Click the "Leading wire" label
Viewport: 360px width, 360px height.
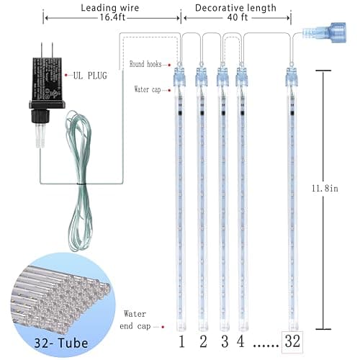(109, 8)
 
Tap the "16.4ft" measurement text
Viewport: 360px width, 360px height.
(109, 21)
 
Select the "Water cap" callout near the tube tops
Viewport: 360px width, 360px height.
(150, 90)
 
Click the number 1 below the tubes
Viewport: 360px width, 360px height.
(181, 341)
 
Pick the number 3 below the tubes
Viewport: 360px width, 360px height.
(224, 341)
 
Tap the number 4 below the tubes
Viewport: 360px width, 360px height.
(241, 341)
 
